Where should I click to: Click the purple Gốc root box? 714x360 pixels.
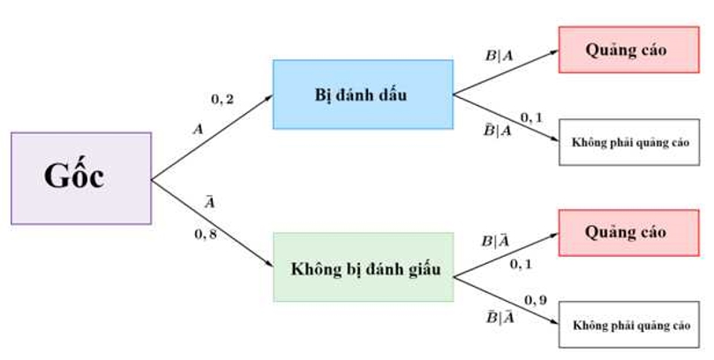click(x=81, y=177)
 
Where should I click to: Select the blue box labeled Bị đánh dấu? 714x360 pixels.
click(x=363, y=94)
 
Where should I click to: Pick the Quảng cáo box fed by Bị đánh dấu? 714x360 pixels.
click(x=628, y=50)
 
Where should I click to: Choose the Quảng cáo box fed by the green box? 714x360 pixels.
click(x=628, y=233)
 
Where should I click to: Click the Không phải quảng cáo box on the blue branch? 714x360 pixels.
click(x=628, y=141)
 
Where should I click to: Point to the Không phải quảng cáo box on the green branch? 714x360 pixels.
click(x=628, y=325)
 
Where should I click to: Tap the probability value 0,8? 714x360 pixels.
click(x=206, y=235)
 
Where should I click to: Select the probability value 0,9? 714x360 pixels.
click(x=536, y=301)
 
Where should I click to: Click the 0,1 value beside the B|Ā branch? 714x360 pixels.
click(x=522, y=262)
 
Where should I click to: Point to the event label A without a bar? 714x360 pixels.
click(x=199, y=129)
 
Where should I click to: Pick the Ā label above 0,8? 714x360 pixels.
click(x=210, y=204)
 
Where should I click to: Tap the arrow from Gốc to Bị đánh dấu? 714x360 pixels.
click(x=212, y=136)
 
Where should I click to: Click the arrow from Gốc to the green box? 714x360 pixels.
click(x=212, y=224)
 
